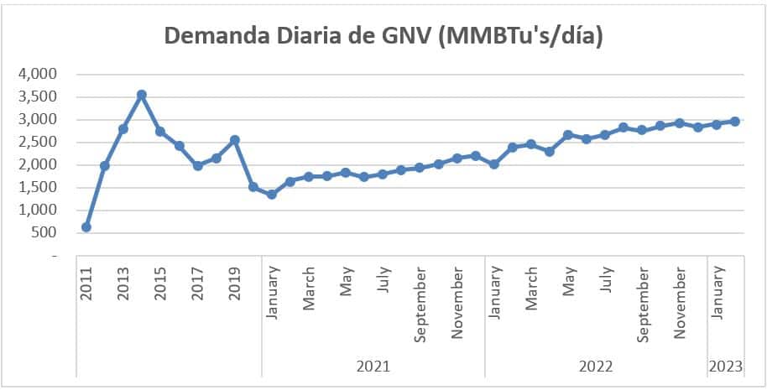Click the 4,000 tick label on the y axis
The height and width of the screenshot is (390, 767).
pos(37,74)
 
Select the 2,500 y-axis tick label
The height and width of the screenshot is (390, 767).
pos(37,142)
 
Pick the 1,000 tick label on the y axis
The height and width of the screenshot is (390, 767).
pos(37,210)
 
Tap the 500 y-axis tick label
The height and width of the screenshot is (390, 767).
pos(44,232)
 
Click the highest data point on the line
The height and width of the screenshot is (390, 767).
pos(142,95)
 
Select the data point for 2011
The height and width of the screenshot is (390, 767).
pos(86,226)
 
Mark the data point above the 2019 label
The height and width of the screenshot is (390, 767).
pos(235,139)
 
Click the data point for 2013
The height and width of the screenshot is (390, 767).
pos(123,128)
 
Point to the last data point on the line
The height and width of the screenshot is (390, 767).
pos(735,122)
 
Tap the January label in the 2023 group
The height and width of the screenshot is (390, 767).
pos(717,293)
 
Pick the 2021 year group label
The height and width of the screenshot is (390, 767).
pos(373,366)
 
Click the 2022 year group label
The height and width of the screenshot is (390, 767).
pos(596,366)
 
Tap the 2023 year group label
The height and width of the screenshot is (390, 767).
pos(726,366)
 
